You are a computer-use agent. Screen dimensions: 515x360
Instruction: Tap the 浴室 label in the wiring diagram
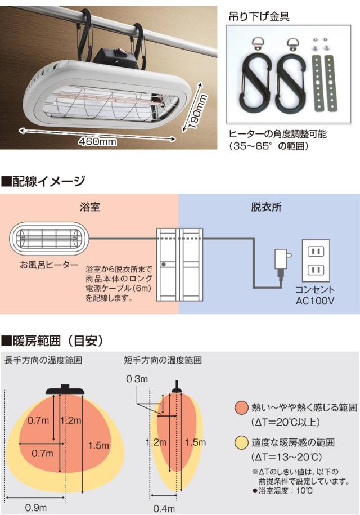(89, 207)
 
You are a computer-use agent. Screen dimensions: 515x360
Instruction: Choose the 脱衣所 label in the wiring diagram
(266, 207)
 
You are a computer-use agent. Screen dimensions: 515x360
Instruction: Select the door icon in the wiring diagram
(179, 265)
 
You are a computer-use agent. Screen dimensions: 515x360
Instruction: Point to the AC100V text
(315, 301)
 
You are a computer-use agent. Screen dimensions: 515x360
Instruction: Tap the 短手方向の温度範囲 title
(163, 360)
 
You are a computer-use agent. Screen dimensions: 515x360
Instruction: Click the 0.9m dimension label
(35, 507)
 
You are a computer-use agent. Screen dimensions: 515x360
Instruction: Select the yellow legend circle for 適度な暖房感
(242, 443)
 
